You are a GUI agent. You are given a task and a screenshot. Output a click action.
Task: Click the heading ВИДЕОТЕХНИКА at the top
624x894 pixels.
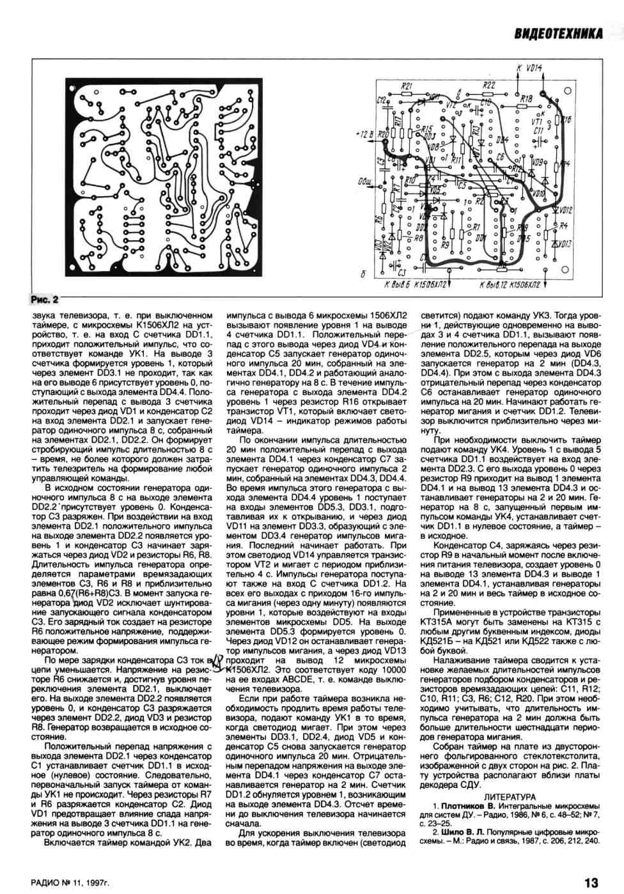coord(558,33)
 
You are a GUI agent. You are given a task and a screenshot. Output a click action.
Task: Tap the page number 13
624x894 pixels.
coord(591,882)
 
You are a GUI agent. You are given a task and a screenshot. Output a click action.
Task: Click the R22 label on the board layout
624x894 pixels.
coord(488,84)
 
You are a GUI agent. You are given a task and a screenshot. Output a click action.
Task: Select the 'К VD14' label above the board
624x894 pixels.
coord(529,68)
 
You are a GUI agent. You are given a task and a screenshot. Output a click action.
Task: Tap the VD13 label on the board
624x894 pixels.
coord(564,244)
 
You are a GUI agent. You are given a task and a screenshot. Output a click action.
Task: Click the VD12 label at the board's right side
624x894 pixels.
coord(565,210)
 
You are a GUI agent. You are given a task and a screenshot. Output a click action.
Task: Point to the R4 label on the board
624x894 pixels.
coord(563,226)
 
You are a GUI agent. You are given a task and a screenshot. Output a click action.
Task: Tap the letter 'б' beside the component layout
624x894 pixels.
coord(363,275)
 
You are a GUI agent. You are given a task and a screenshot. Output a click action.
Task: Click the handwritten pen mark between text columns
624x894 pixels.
coord(216,665)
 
